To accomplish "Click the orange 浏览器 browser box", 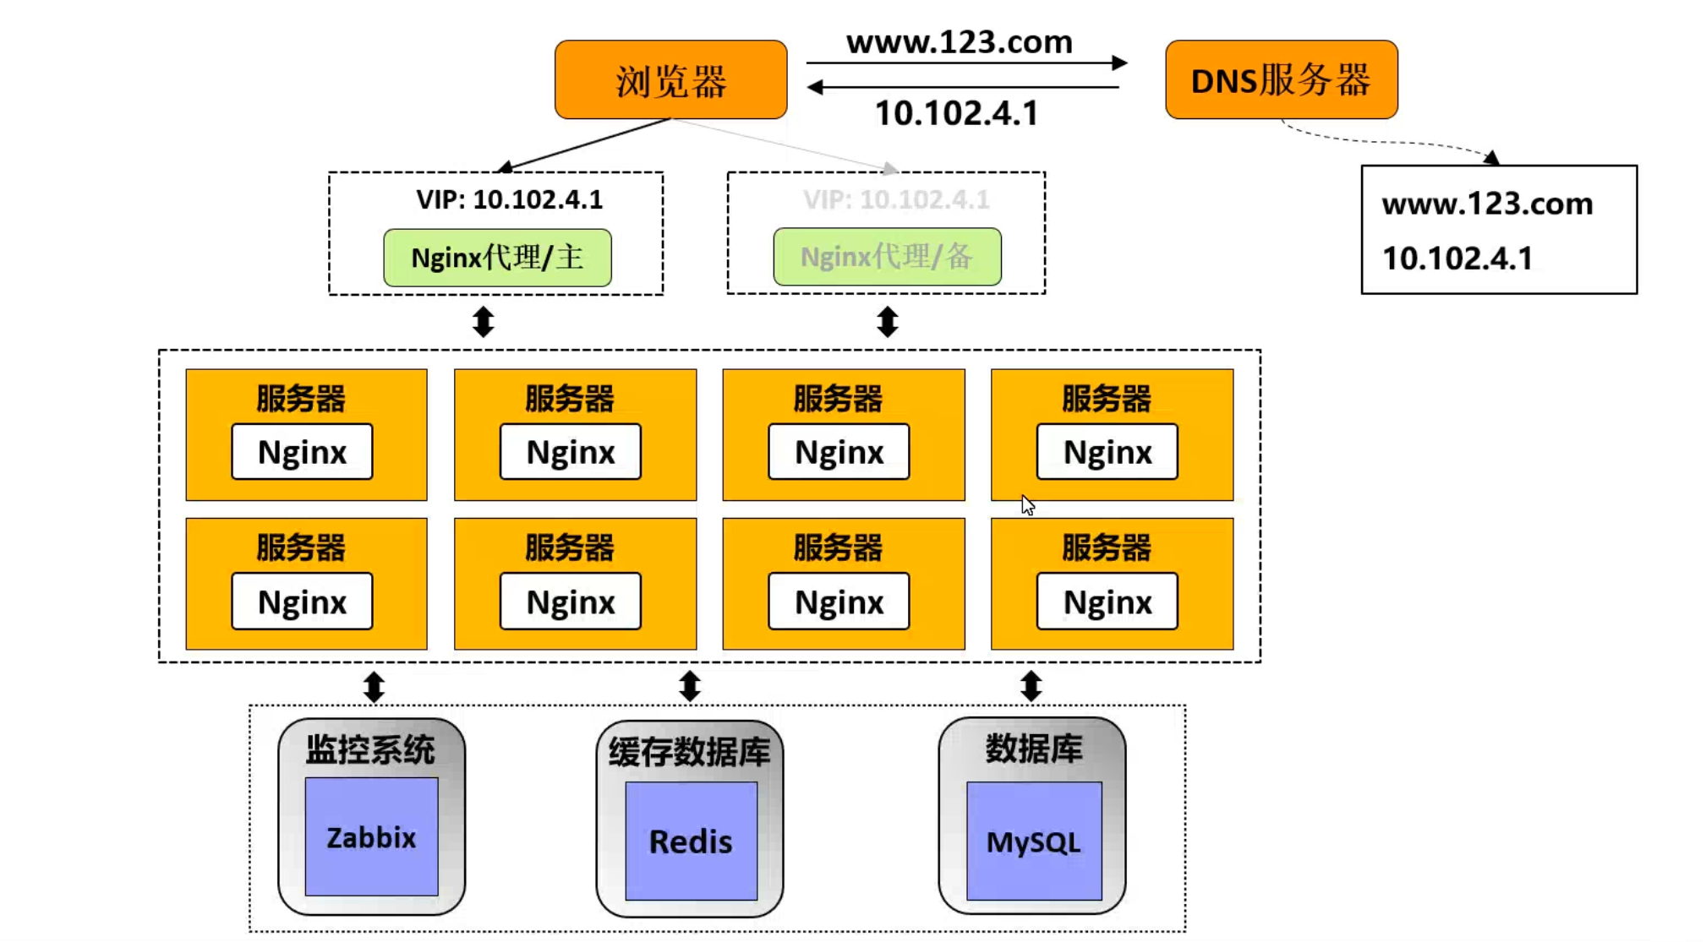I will pyautogui.click(x=670, y=80).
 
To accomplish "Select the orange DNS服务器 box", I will pyautogui.click(x=1281, y=80).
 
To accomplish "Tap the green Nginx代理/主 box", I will pyautogui.click(x=497, y=257).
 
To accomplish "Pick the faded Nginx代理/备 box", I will pyautogui.click(x=887, y=256).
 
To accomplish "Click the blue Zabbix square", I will pyautogui.click(x=371, y=836).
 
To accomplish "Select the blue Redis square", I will pyautogui.click(x=691, y=841).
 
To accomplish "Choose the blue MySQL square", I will pyautogui.click(x=1033, y=841).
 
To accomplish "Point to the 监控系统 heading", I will pyautogui.click(x=370, y=749).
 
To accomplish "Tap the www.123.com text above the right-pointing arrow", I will pyautogui.click(x=960, y=42).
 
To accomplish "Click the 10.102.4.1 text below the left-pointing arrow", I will pyautogui.click(x=956, y=113).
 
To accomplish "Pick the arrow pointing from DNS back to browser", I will pyautogui.click(x=964, y=87).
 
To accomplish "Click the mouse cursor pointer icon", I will pyautogui.click(x=1027, y=505).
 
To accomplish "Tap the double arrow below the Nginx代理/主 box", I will pyautogui.click(x=483, y=322).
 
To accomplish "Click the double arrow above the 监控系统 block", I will pyautogui.click(x=374, y=687).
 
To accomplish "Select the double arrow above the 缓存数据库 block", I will pyautogui.click(x=690, y=686).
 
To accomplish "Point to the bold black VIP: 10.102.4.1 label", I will pyautogui.click(x=509, y=199).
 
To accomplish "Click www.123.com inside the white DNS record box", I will pyautogui.click(x=1487, y=204).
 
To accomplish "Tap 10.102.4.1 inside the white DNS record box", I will pyautogui.click(x=1457, y=259).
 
